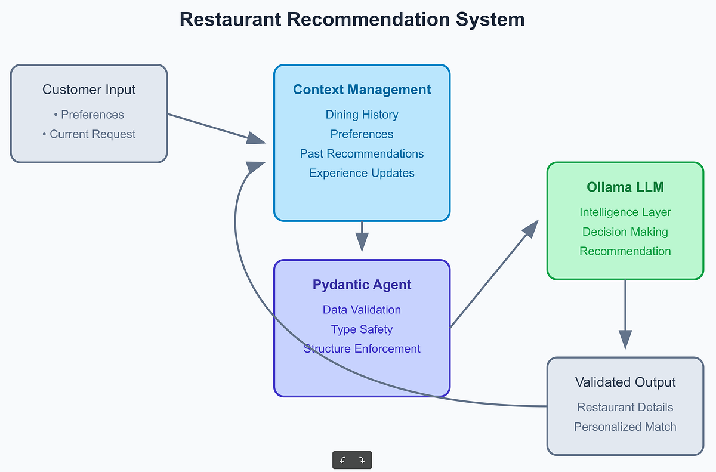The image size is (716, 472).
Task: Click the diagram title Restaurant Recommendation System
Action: [351, 19]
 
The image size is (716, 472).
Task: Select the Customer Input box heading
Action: [89, 90]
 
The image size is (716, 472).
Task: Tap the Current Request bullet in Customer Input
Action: [89, 134]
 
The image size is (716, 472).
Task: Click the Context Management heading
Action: [362, 90]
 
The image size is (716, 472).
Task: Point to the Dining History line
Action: [362, 115]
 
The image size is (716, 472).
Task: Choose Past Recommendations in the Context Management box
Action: [362, 153]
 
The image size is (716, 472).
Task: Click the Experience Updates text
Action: [362, 173]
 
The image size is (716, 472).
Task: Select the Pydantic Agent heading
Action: [362, 285]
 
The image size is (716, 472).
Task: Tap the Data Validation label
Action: [362, 310]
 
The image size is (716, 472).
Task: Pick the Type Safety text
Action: [362, 329]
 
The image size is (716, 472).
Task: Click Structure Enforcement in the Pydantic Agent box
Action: [362, 349]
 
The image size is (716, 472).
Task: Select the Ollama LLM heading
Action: [625, 187]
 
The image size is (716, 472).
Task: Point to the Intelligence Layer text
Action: [625, 212]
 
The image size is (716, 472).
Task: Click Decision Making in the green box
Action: [625, 232]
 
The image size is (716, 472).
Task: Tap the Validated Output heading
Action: [625, 382]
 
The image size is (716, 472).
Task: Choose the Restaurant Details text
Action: [625, 407]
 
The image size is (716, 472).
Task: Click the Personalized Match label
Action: [625, 427]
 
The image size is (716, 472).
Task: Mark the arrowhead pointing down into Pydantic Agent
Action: [362, 242]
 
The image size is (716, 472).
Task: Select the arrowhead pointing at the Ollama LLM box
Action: [530, 229]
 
